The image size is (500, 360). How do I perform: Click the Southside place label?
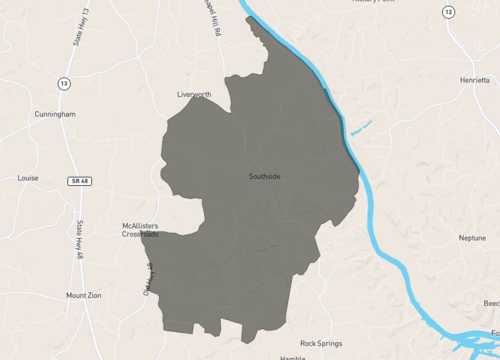pyautogui.click(x=265, y=177)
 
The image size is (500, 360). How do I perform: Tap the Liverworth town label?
pyautogui.click(x=194, y=95)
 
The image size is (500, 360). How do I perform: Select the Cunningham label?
pyautogui.click(x=54, y=115)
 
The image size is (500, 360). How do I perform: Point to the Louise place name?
pyautogui.click(x=28, y=178)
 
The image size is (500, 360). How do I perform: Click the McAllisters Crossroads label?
pyautogui.click(x=140, y=230)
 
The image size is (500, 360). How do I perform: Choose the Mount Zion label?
pyautogui.click(x=84, y=296)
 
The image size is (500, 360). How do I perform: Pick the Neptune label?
pyautogui.click(x=472, y=238)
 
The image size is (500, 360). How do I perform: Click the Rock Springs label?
pyautogui.click(x=321, y=343)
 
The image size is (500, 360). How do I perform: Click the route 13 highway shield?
pyautogui.click(x=64, y=83)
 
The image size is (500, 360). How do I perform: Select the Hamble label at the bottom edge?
pyautogui.click(x=292, y=357)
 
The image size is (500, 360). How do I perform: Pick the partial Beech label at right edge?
pyautogui.click(x=490, y=303)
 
